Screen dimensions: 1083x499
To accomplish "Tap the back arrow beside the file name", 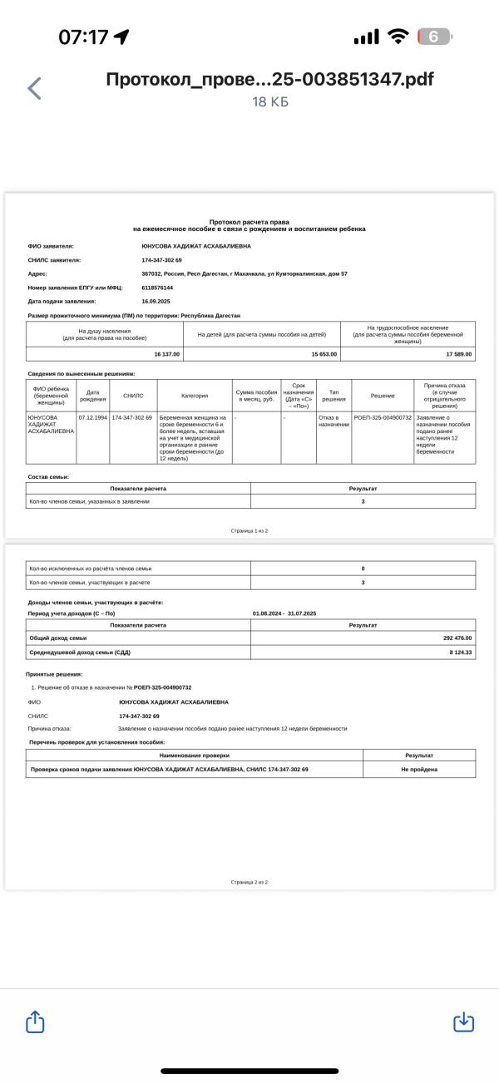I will [34, 88].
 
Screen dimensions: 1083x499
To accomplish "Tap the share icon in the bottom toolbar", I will [35, 1021].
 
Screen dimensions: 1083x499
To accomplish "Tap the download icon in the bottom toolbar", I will [463, 1021].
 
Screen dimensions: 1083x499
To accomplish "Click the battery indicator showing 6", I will [434, 37].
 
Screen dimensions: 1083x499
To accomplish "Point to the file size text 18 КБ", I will [270, 101].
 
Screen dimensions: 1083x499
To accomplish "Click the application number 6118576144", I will [157, 287].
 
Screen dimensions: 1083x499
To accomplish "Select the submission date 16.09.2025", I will [156, 301].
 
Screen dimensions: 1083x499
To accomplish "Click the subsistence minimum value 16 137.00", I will [166, 354].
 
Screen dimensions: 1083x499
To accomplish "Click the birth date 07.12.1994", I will [93, 417].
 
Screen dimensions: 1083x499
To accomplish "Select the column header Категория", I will [195, 396].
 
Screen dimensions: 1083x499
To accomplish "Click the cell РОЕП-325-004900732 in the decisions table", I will [383, 417].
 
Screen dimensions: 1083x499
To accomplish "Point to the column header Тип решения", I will [333, 396].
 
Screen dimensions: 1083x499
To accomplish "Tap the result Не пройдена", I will [419, 770].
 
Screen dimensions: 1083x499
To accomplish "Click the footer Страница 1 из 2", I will [249, 530].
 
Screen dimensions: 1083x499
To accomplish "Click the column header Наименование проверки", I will [194, 756].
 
